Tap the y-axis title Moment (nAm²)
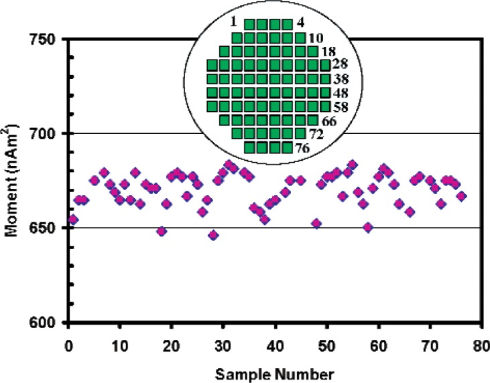coord(15,181)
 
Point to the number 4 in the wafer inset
coord(300,22)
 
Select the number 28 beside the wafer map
coord(340,64)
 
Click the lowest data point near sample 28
coord(213,235)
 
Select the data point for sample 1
coord(73,220)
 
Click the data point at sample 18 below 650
coord(161,232)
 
